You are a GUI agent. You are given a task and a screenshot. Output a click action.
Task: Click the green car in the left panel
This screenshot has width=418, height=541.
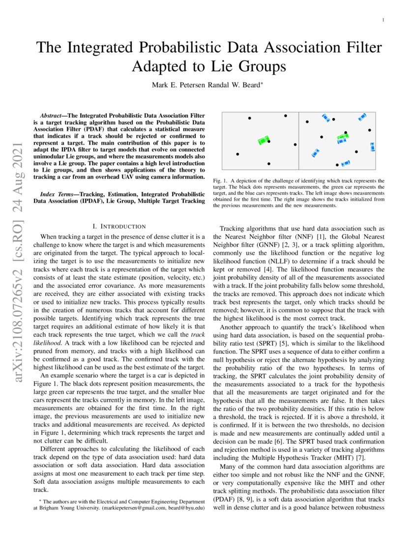pyautogui.click(x=264, y=141)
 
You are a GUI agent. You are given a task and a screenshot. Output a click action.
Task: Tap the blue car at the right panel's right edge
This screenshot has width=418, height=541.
pyautogui.click(x=372, y=147)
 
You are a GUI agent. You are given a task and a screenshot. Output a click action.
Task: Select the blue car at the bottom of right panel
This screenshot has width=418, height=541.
pyautogui.click(x=346, y=163)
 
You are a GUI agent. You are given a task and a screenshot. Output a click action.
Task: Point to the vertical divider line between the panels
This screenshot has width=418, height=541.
pyautogui.click(x=299, y=141)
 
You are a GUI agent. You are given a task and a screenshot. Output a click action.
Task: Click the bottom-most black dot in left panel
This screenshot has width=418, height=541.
pyautogui.click(x=269, y=163)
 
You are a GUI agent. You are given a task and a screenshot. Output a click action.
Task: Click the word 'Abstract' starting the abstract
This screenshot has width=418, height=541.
pyautogui.click(x=54, y=116)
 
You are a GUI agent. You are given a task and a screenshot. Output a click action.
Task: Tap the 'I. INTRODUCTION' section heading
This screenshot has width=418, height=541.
pyautogui.click(x=119, y=226)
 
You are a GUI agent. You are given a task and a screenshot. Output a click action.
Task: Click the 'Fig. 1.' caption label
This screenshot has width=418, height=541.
pyautogui.click(x=220, y=181)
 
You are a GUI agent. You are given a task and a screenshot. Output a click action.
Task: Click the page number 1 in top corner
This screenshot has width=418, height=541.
pyautogui.click(x=383, y=20)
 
